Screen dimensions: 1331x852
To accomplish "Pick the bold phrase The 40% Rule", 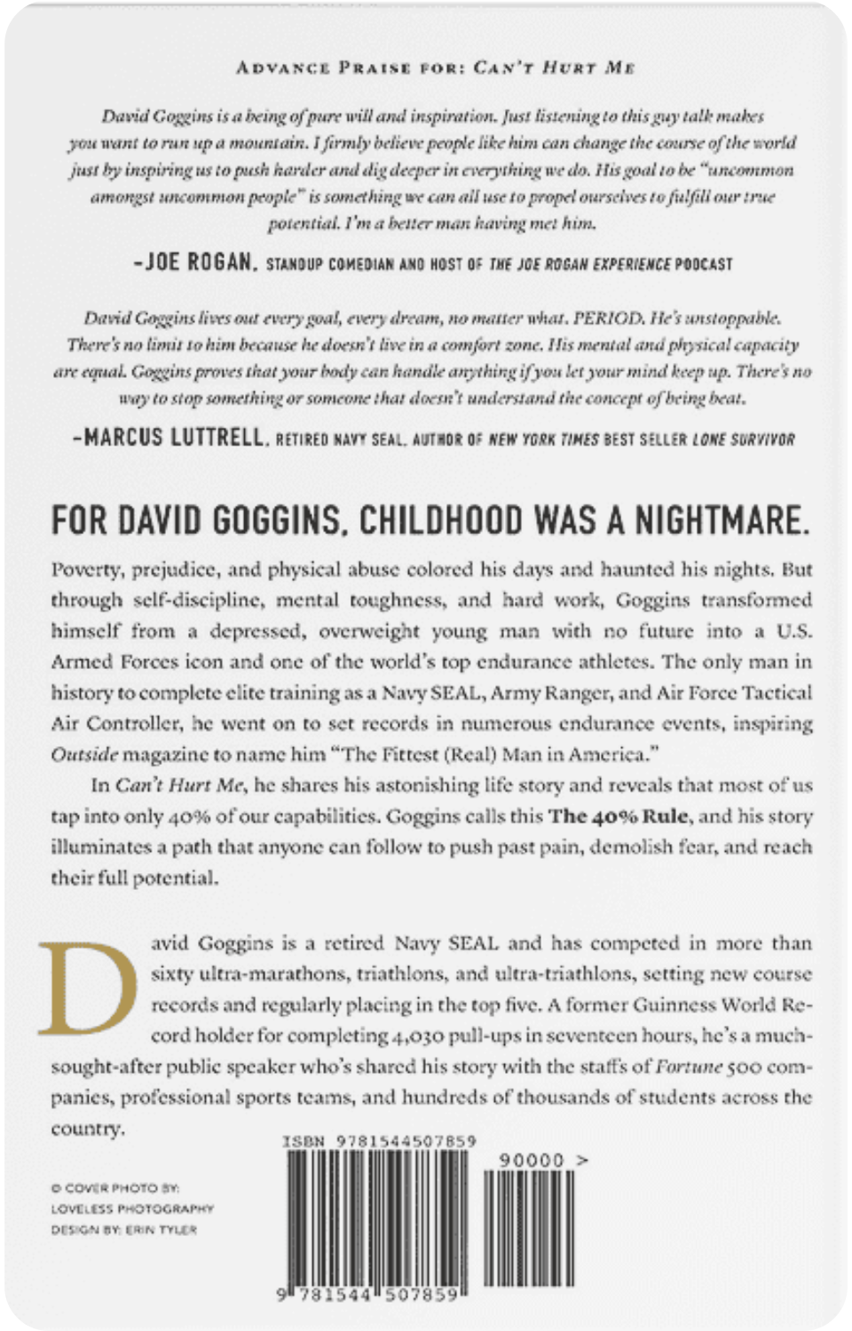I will pyautogui.click(x=619, y=815).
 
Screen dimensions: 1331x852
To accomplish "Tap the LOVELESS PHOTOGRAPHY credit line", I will pyautogui.click(x=133, y=1209).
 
